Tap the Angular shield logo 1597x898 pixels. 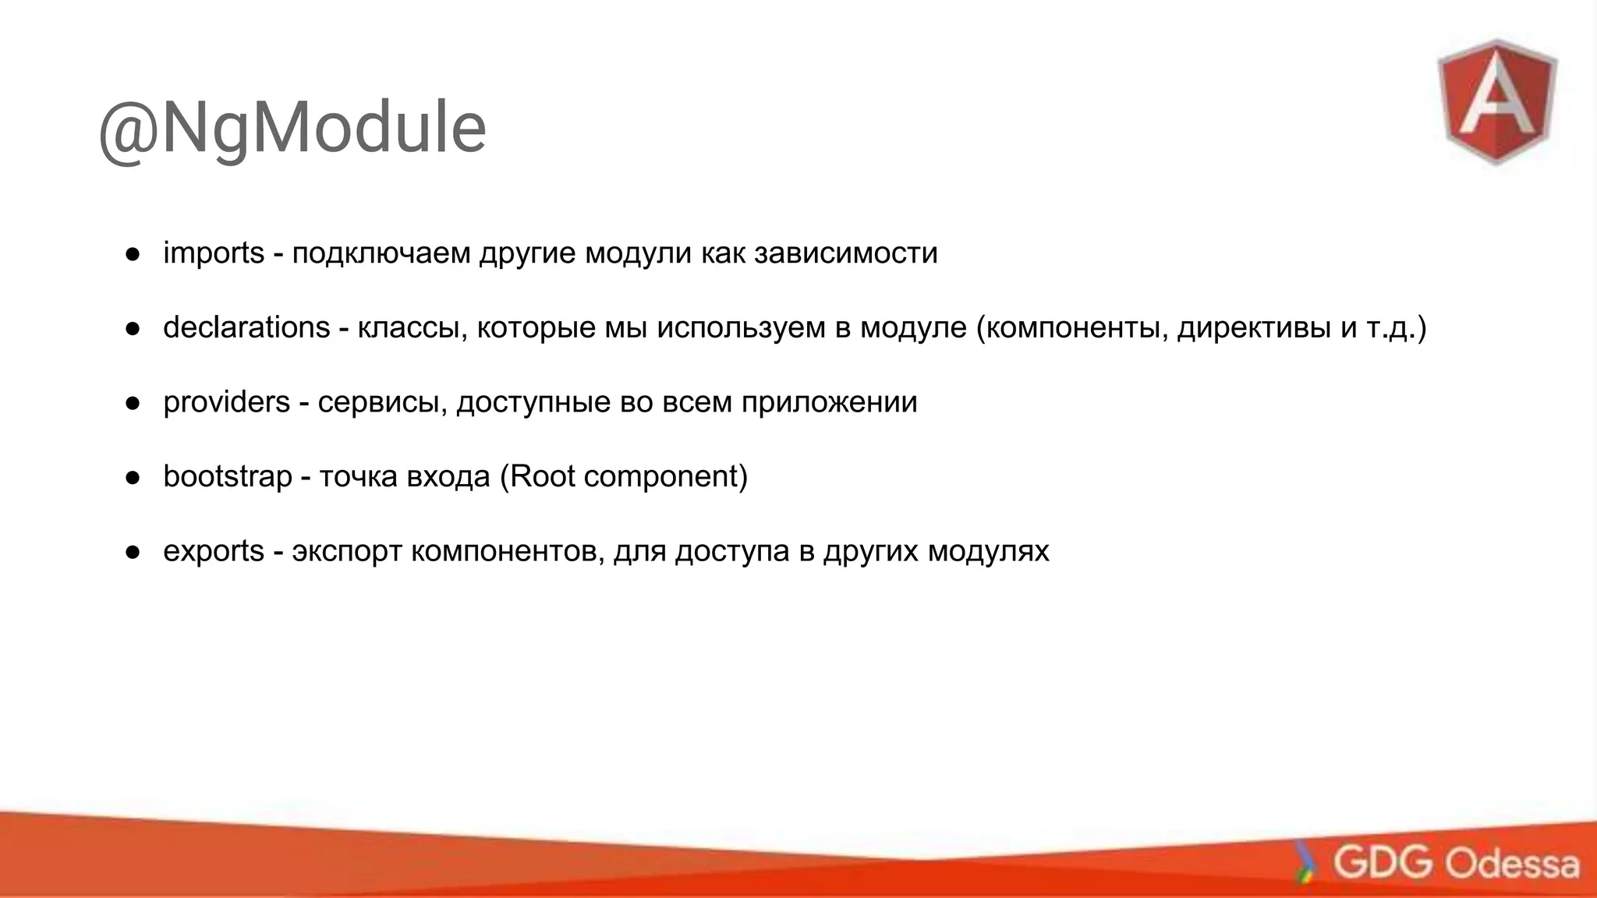tap(1497, 101)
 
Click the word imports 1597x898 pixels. tap(214, 253)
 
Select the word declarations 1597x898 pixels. tap(246, 327)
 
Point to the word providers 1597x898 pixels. tap(226, 402)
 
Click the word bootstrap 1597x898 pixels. tap(227, 476)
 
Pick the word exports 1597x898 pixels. tap(214, 551)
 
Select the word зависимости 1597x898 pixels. tap(846, 253)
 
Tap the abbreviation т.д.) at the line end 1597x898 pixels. tap(1397, 328)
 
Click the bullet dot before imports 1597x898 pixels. tap(133, 254)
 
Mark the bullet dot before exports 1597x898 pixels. tap(133, 552)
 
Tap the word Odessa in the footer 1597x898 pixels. tap(1512, 864)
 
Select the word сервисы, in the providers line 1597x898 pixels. tap(382, 403)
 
